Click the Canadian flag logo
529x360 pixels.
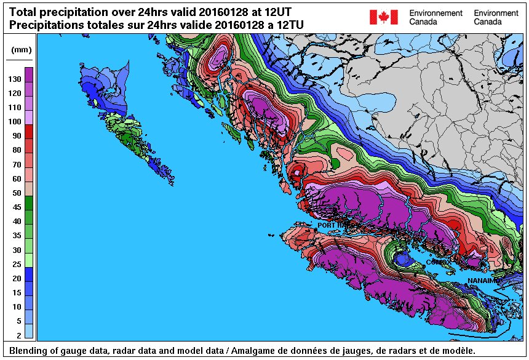pyautogui.click(x=384, y=17)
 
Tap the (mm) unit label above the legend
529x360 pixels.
pyautogui.click(x=18, y=50)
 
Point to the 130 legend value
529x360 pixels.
pyautogui.click(x=15, y=79)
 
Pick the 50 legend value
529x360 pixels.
pyautogui.click(x=16, y=193)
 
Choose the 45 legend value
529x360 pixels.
pyautogui.click(x=16, y=207)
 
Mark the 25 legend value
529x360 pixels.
pyautogui.click(x=16, y=264)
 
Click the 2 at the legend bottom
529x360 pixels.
pyautogui.click(x=18, y=335)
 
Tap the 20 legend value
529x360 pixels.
pyautogui.click(x=16, y=278)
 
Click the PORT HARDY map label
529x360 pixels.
pyautogui.click(x=336, y=226)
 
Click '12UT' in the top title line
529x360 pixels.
pyautogui.click(x=275, y=12)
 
